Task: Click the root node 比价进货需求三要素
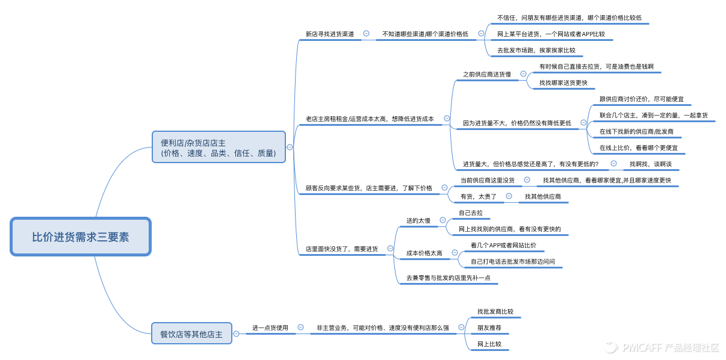point(80,237)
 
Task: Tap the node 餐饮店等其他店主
point(191,334)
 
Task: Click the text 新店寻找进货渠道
point(329,34)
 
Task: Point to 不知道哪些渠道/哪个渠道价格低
point(425,34)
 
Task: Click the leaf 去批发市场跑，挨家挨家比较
point(536,51)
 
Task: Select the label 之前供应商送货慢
point(486,74)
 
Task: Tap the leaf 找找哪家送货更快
point(563,82)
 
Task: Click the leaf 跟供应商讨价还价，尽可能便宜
point(641,99)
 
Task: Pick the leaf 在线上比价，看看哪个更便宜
point(642,147)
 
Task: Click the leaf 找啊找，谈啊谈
point(650,164)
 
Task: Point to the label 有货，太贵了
point(478,196)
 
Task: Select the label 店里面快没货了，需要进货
point(341,248)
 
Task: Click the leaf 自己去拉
point(471,213)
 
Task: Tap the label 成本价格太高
point(424,253)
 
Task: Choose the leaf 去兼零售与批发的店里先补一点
point(448,278)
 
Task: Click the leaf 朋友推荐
point(489,328)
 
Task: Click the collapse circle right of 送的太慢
point(442,220)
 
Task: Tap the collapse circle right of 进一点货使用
point(300,327)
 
